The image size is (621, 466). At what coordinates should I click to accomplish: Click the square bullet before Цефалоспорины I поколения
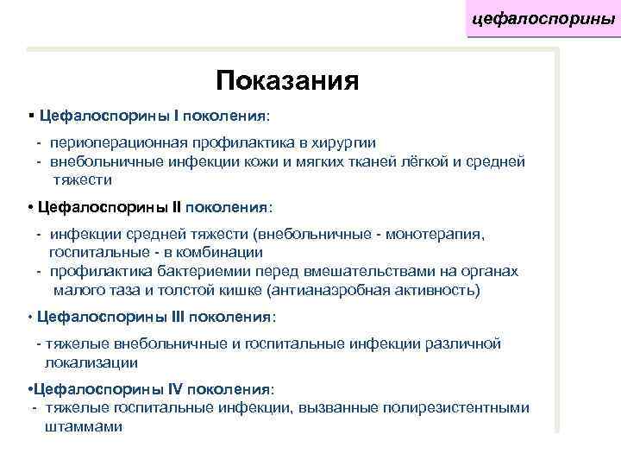tap(30, 114)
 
